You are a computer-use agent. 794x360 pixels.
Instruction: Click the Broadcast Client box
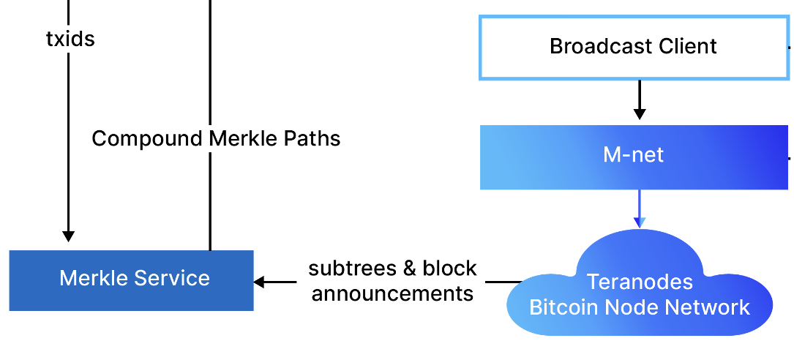[x=634, y=47]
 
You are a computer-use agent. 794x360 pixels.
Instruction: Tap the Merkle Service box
[x=132, y=280]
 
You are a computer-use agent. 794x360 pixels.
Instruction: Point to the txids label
[x=70, y=39]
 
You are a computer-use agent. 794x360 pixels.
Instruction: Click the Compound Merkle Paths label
[x=216, y=138]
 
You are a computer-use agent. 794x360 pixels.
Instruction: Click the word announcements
[x=392, y=293]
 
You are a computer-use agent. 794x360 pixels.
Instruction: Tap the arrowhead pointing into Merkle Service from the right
[x=259, y=282]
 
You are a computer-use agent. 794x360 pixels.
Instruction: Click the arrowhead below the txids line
[x=68, y=236]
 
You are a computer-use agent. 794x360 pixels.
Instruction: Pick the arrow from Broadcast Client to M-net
[x=640, y=101]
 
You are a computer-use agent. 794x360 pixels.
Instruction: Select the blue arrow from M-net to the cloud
[x=640, y=209]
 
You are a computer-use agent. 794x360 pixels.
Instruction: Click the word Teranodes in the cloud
[x=640, y=282]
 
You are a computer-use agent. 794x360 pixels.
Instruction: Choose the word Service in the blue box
[x=177, y=279]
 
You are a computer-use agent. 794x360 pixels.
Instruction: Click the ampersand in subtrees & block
[x=410, y=269]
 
